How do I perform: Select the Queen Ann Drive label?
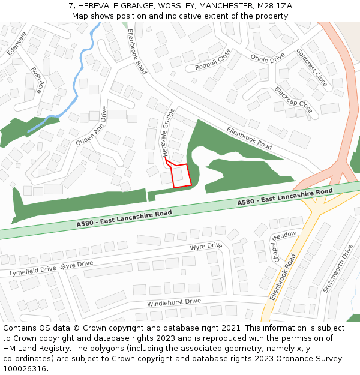91,126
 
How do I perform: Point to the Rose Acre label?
38,80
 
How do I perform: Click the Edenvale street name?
17,43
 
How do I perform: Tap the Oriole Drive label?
268,59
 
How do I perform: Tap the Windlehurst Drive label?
174,301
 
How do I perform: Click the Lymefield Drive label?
33,271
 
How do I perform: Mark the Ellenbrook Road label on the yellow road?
283,277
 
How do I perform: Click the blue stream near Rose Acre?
77,84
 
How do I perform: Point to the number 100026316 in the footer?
25,369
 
